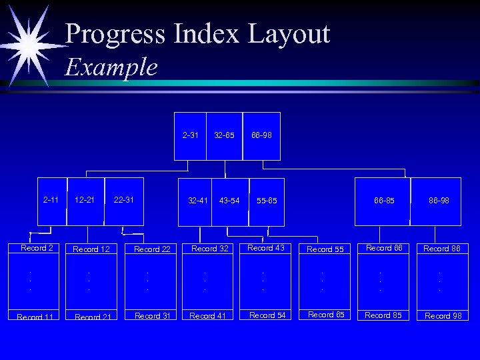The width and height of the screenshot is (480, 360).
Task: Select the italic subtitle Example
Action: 111,67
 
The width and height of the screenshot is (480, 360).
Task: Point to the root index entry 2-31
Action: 190,135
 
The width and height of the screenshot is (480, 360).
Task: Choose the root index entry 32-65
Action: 224,135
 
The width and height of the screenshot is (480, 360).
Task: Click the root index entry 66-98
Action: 261,135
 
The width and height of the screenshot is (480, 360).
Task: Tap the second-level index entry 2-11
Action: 51,199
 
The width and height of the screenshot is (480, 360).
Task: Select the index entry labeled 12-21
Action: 85,199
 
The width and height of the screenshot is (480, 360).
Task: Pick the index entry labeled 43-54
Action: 229,200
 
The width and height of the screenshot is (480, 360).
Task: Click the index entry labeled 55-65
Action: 267,200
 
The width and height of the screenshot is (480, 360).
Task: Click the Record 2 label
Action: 37,248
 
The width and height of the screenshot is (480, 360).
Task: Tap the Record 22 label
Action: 152,249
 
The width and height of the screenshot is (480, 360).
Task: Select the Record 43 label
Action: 266,248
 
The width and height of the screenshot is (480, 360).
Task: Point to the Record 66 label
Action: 383,248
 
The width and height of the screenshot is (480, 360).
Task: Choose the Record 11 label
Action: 35,317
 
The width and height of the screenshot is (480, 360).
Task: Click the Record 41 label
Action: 207,316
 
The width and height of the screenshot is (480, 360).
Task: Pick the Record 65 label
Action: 326,315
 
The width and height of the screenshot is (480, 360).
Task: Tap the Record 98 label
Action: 443,316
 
